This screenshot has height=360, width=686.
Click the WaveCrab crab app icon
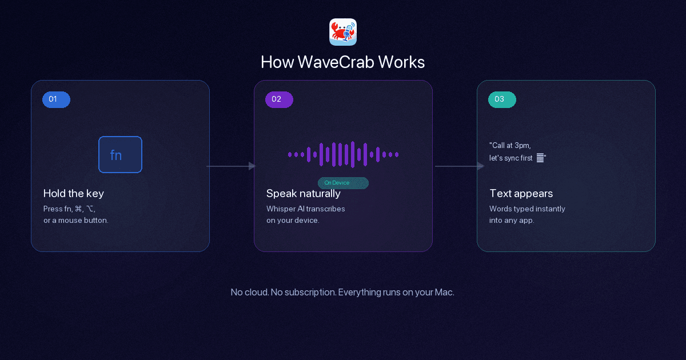tap(343, 32)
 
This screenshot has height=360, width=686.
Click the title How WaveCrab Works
tap(343, 62)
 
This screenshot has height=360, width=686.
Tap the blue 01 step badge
tap(56, 99)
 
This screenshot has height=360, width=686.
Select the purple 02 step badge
tap(279, 99)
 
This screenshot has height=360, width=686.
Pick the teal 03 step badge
tap(502, 99)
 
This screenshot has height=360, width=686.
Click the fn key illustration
tap(120, 154)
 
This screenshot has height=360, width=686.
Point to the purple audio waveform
tap(343, 154)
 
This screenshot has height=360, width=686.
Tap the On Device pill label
tap(343, 183)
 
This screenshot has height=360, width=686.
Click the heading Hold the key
tap(74, 193)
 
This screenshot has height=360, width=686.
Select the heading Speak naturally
tap(304, 193)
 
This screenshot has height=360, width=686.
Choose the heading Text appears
tap(521, 193)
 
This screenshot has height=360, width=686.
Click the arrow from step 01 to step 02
tap(232, 166)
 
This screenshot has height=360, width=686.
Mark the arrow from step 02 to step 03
tap(460, 166)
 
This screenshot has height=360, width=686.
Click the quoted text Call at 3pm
tap(510, 145)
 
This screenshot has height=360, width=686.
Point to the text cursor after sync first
tap(540, 158)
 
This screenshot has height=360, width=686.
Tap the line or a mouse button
tap(76, 220)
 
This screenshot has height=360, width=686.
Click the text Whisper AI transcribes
tap(306, 209)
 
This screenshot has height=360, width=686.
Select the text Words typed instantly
tap(527, 209)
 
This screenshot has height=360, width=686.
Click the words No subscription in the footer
tap(303, 292)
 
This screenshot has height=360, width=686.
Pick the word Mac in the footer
tap(444, 292)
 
